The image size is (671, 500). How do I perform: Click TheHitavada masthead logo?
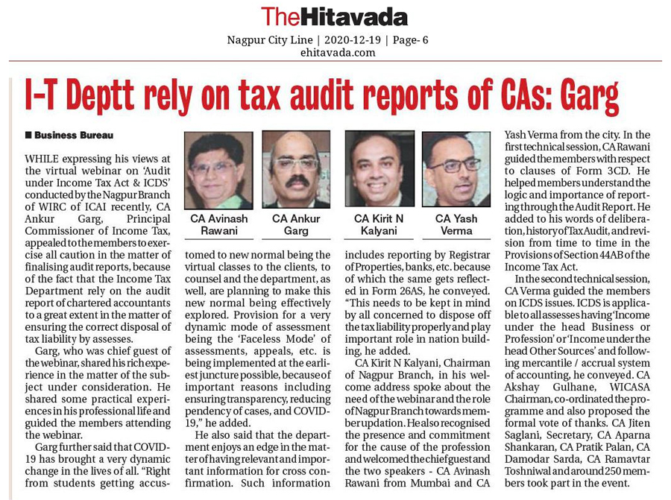point(334,16)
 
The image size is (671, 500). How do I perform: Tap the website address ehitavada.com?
point(335,52)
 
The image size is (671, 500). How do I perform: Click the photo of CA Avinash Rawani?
point(218,170)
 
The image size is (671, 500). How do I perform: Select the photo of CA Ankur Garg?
point(296,170)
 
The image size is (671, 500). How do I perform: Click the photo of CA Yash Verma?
point(456,170)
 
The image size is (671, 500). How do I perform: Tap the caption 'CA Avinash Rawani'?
point(218,224)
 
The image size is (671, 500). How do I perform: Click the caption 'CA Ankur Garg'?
point(296,224)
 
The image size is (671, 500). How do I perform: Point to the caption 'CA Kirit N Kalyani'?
point(379,224)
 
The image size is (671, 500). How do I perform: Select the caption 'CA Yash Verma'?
point(456,224)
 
